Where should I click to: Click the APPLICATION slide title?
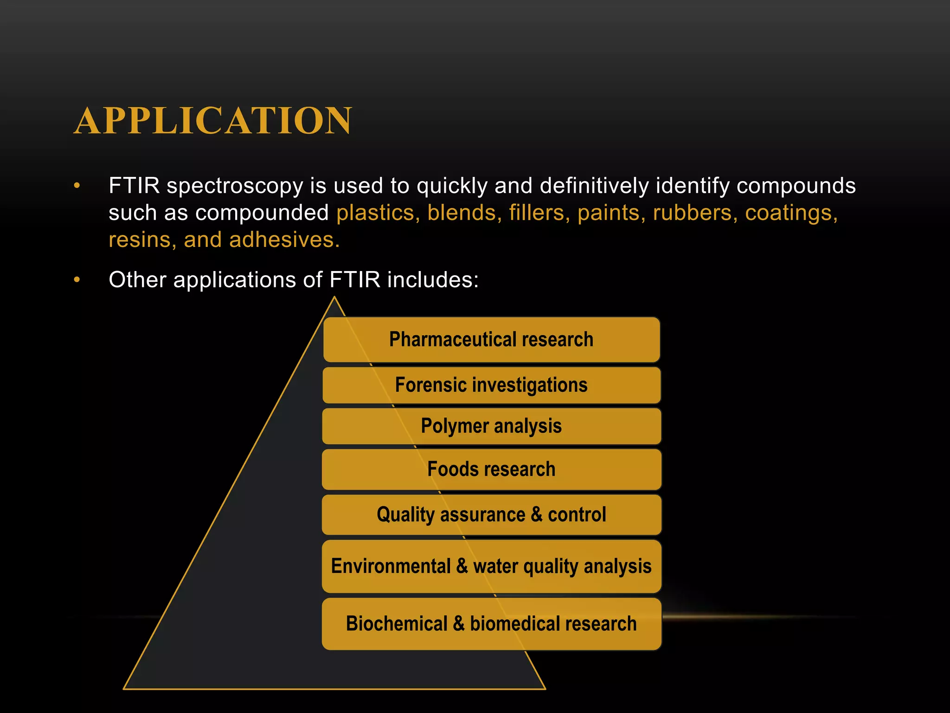(213, 121)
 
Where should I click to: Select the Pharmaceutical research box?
(491, 340)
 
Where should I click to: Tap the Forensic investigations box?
(491, 385)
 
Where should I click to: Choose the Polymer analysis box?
(491, 426)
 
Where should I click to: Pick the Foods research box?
(491, 469)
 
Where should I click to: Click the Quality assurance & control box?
(491, 515)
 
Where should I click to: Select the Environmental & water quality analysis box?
(491, 566)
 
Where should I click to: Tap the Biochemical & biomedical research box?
(491, 624)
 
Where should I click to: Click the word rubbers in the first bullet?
(692, 213)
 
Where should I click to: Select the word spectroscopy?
(235, 186)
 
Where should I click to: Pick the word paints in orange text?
(608, 213)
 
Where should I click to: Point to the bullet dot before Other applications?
(77, 280)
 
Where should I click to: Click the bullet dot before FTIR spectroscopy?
(77, 186)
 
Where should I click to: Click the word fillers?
(536, 213)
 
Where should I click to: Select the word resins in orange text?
(139, 240)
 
